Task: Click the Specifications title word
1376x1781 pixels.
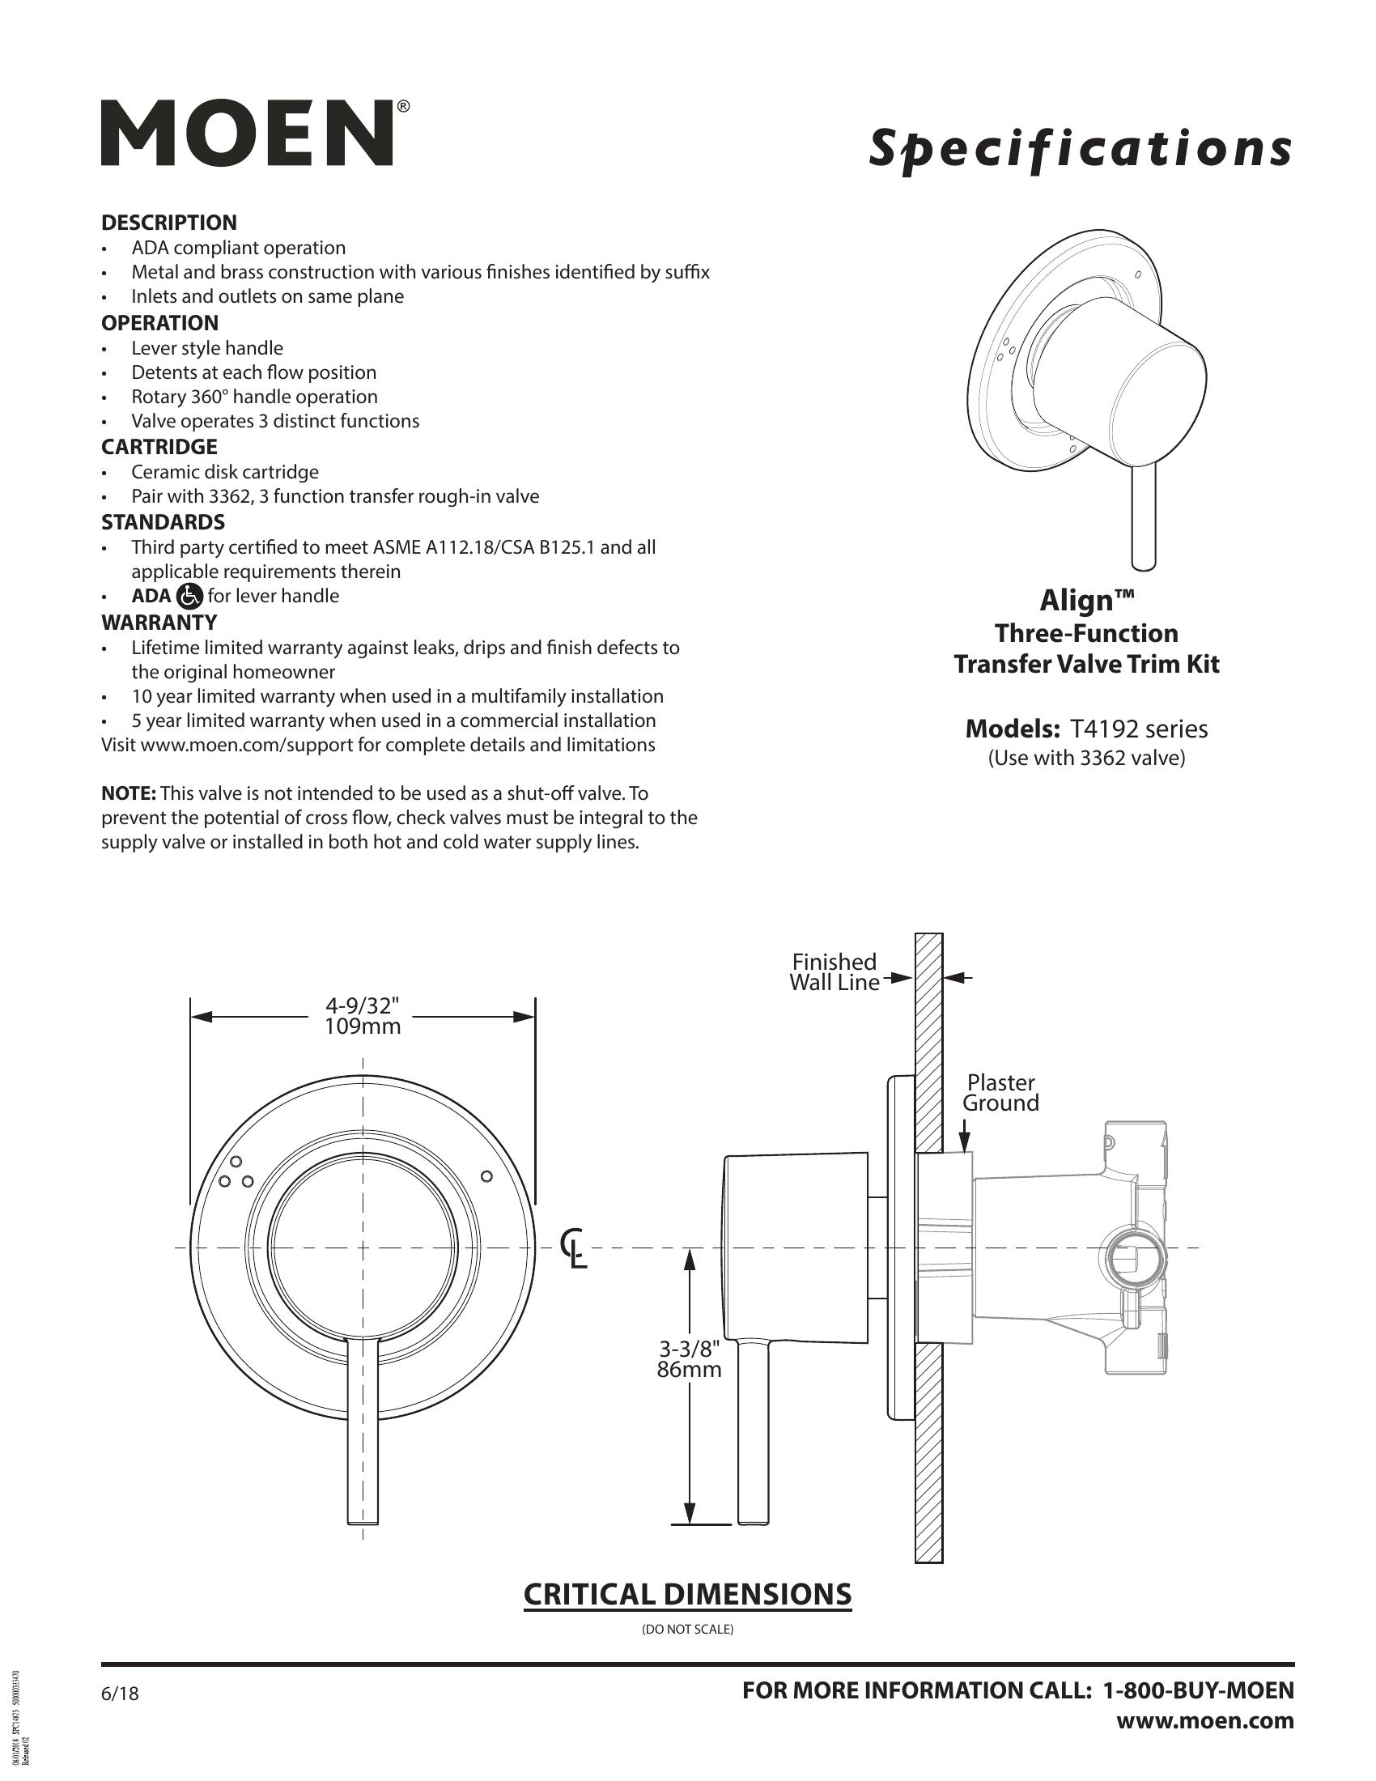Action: click(1079, 149)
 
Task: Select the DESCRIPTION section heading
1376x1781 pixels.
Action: click(168, 223)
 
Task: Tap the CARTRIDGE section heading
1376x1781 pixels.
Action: click(159, 447)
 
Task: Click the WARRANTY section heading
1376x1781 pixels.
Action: click(159, 623)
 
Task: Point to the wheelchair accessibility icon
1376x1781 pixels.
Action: click(189, 596)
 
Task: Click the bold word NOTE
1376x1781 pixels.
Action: click(129, 793)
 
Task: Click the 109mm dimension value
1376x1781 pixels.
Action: click(363, 1027)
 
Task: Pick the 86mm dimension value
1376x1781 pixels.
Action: click(689, 1369)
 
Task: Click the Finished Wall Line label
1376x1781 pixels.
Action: click(834, 972)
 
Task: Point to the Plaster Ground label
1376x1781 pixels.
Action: click(1000, 1093)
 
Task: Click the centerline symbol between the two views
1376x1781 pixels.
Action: click(575, 1248)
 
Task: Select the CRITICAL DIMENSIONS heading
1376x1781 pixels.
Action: click(687, 1594)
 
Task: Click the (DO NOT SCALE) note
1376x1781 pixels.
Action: click(687, 1630)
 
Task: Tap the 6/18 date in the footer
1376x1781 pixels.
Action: click(120, 1694)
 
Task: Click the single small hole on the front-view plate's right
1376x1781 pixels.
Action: click(486, 1176)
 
